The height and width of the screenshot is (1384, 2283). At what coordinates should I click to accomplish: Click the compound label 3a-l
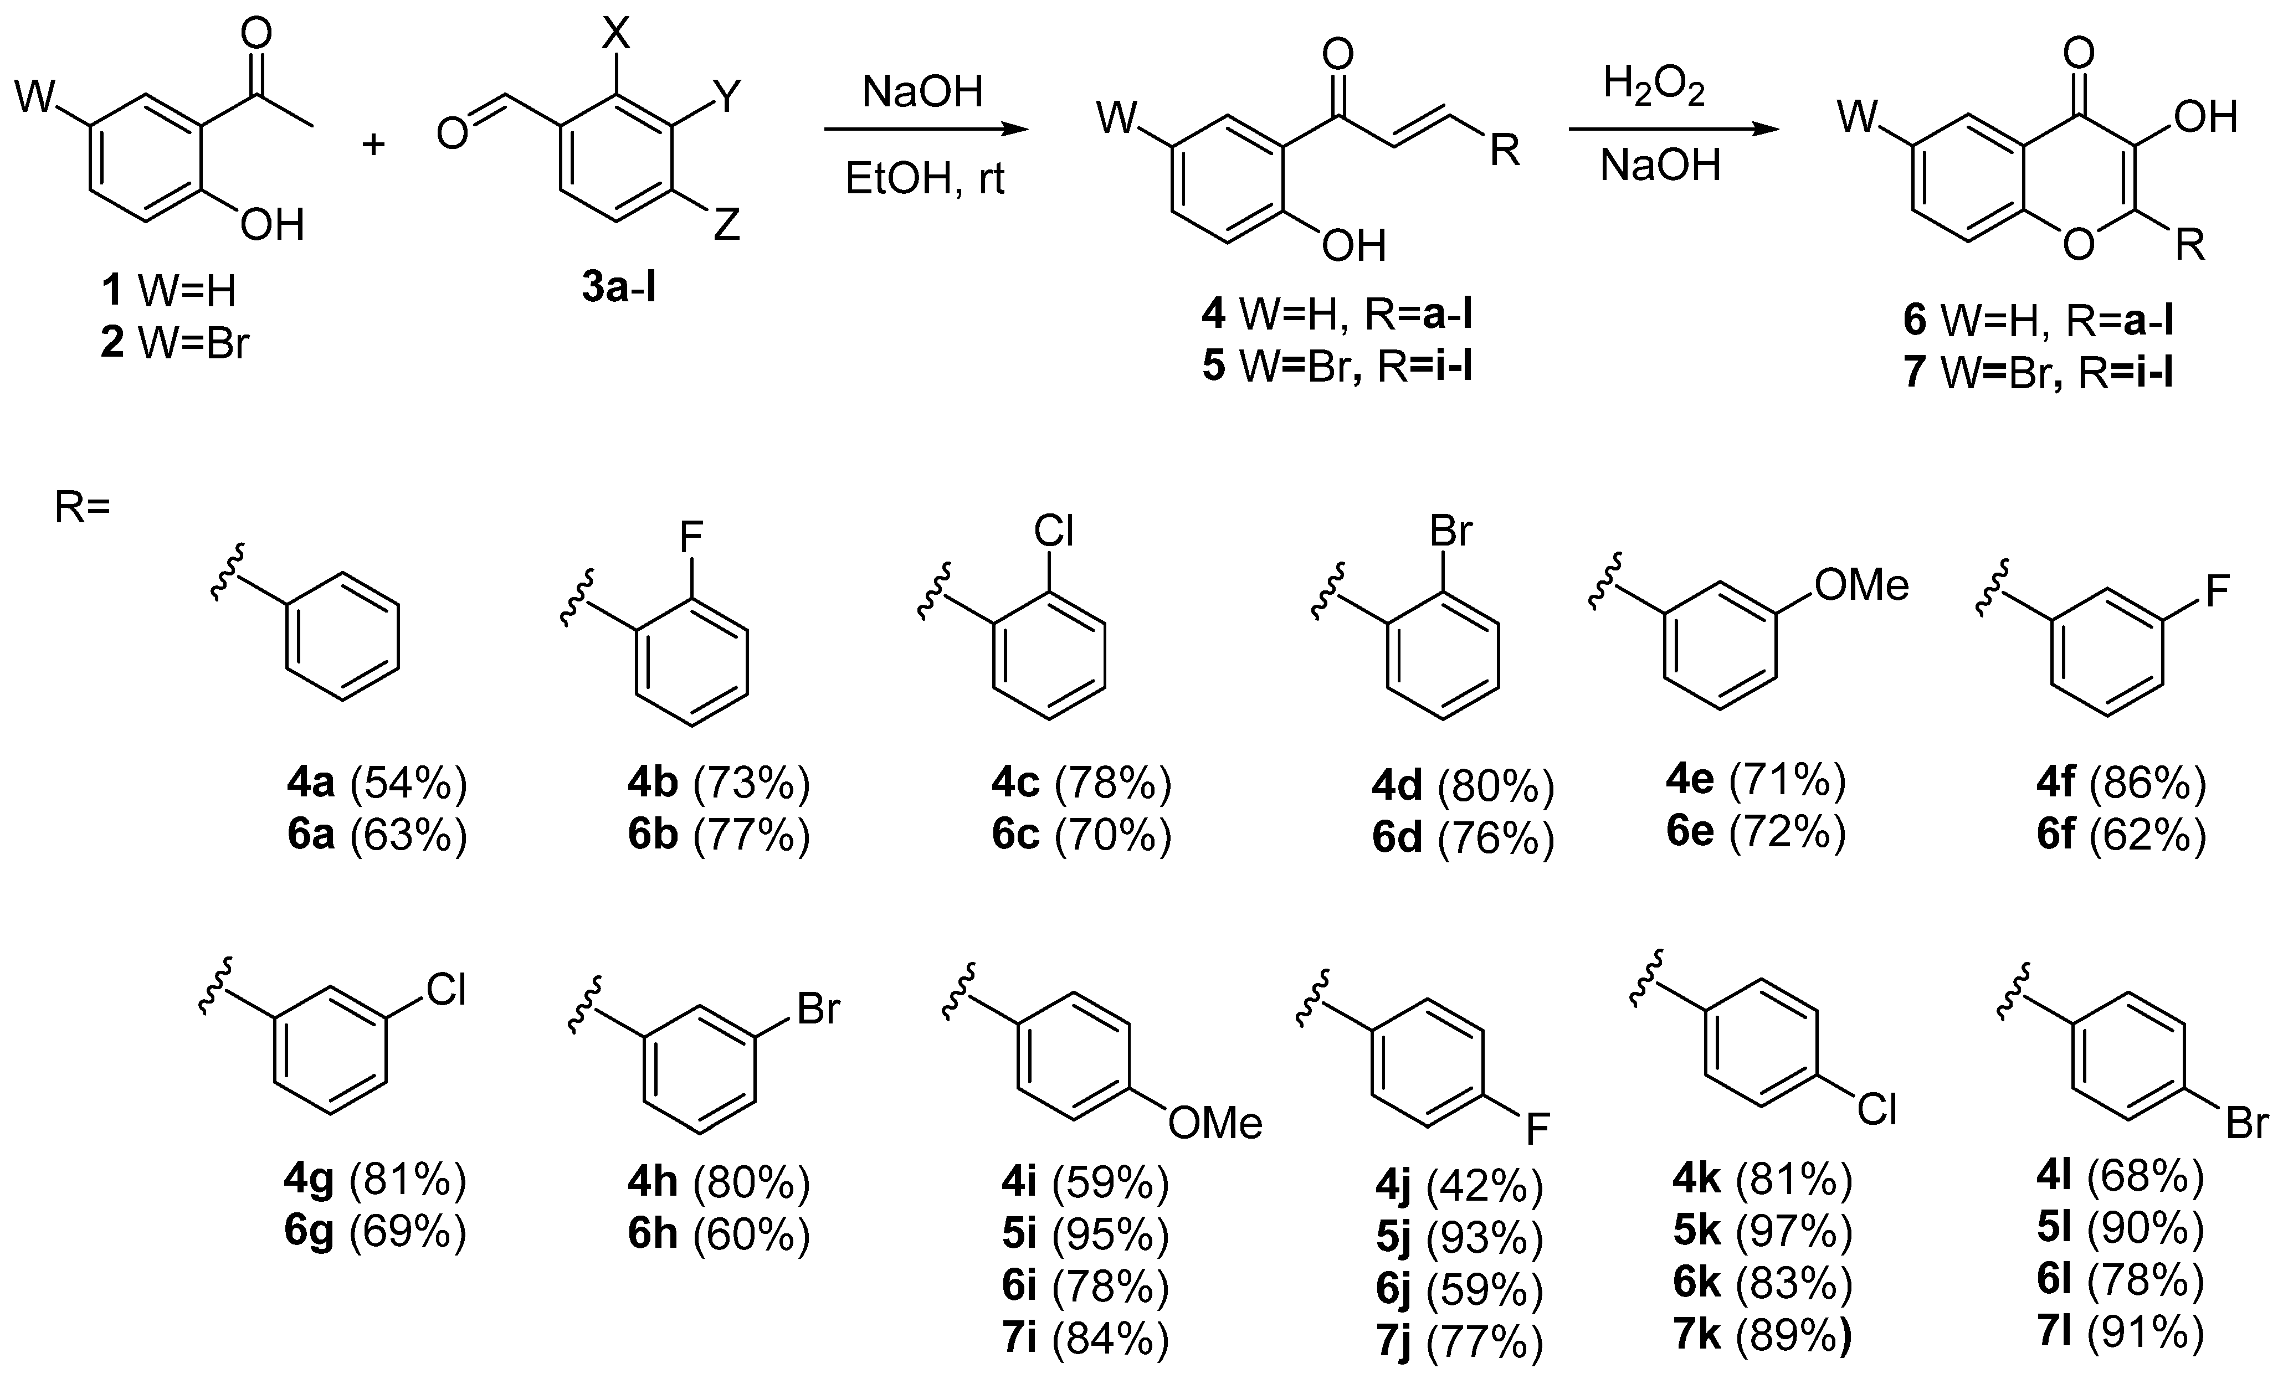click(619, 288)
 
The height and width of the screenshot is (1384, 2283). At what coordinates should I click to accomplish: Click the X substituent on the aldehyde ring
click(615, 35)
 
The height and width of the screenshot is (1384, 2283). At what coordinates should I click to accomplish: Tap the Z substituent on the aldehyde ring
click(726, 224)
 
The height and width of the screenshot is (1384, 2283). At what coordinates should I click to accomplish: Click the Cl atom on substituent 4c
click(1054, 531)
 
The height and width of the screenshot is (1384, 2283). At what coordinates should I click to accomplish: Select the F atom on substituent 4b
click(691, 536)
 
